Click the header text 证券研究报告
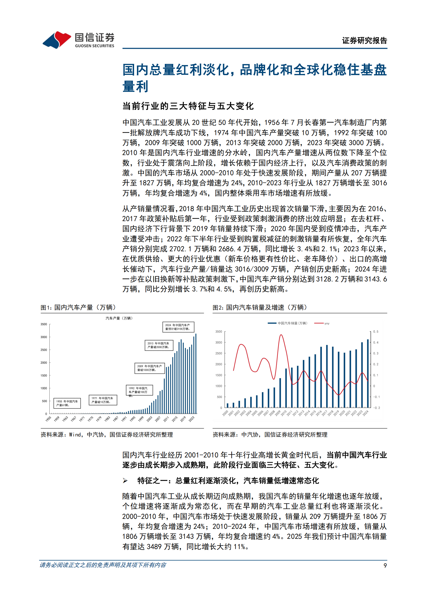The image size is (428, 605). coord(364,40)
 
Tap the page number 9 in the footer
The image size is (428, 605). coord(385,565)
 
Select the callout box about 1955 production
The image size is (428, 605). coord(67,403)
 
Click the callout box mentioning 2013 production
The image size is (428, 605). coord(159,345)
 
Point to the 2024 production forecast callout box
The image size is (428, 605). coord(178,327)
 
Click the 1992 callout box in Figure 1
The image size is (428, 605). coord(139,390)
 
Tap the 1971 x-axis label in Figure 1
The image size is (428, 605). coord(82,419)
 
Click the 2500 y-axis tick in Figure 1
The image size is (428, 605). coord(44,350)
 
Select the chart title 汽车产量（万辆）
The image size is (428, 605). coord(119,318)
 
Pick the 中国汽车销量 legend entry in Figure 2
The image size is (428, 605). coord(287,323)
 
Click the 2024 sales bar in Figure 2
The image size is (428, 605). coord(368,373)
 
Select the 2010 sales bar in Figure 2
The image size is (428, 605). coord(286,388)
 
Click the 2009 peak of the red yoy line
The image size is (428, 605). coord(281,335)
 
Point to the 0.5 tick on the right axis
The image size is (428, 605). coord(376,331)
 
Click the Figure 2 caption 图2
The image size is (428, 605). coord(218,307)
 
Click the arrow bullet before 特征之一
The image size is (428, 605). coord(125,480)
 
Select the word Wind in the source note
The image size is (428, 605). coord(75,435)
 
